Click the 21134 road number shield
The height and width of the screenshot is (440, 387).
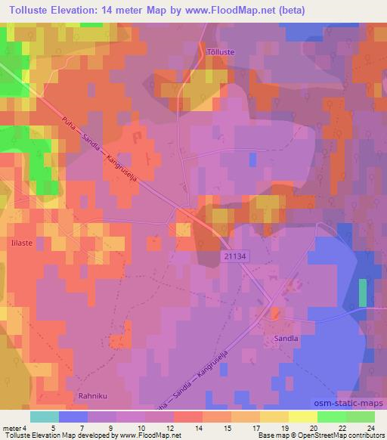pyautogui.click(x=235, y=258)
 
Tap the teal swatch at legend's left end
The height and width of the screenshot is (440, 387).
pyautogui.click(x=45, y=416)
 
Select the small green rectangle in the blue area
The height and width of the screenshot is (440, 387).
pyautogui.click(x=363, y=293)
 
